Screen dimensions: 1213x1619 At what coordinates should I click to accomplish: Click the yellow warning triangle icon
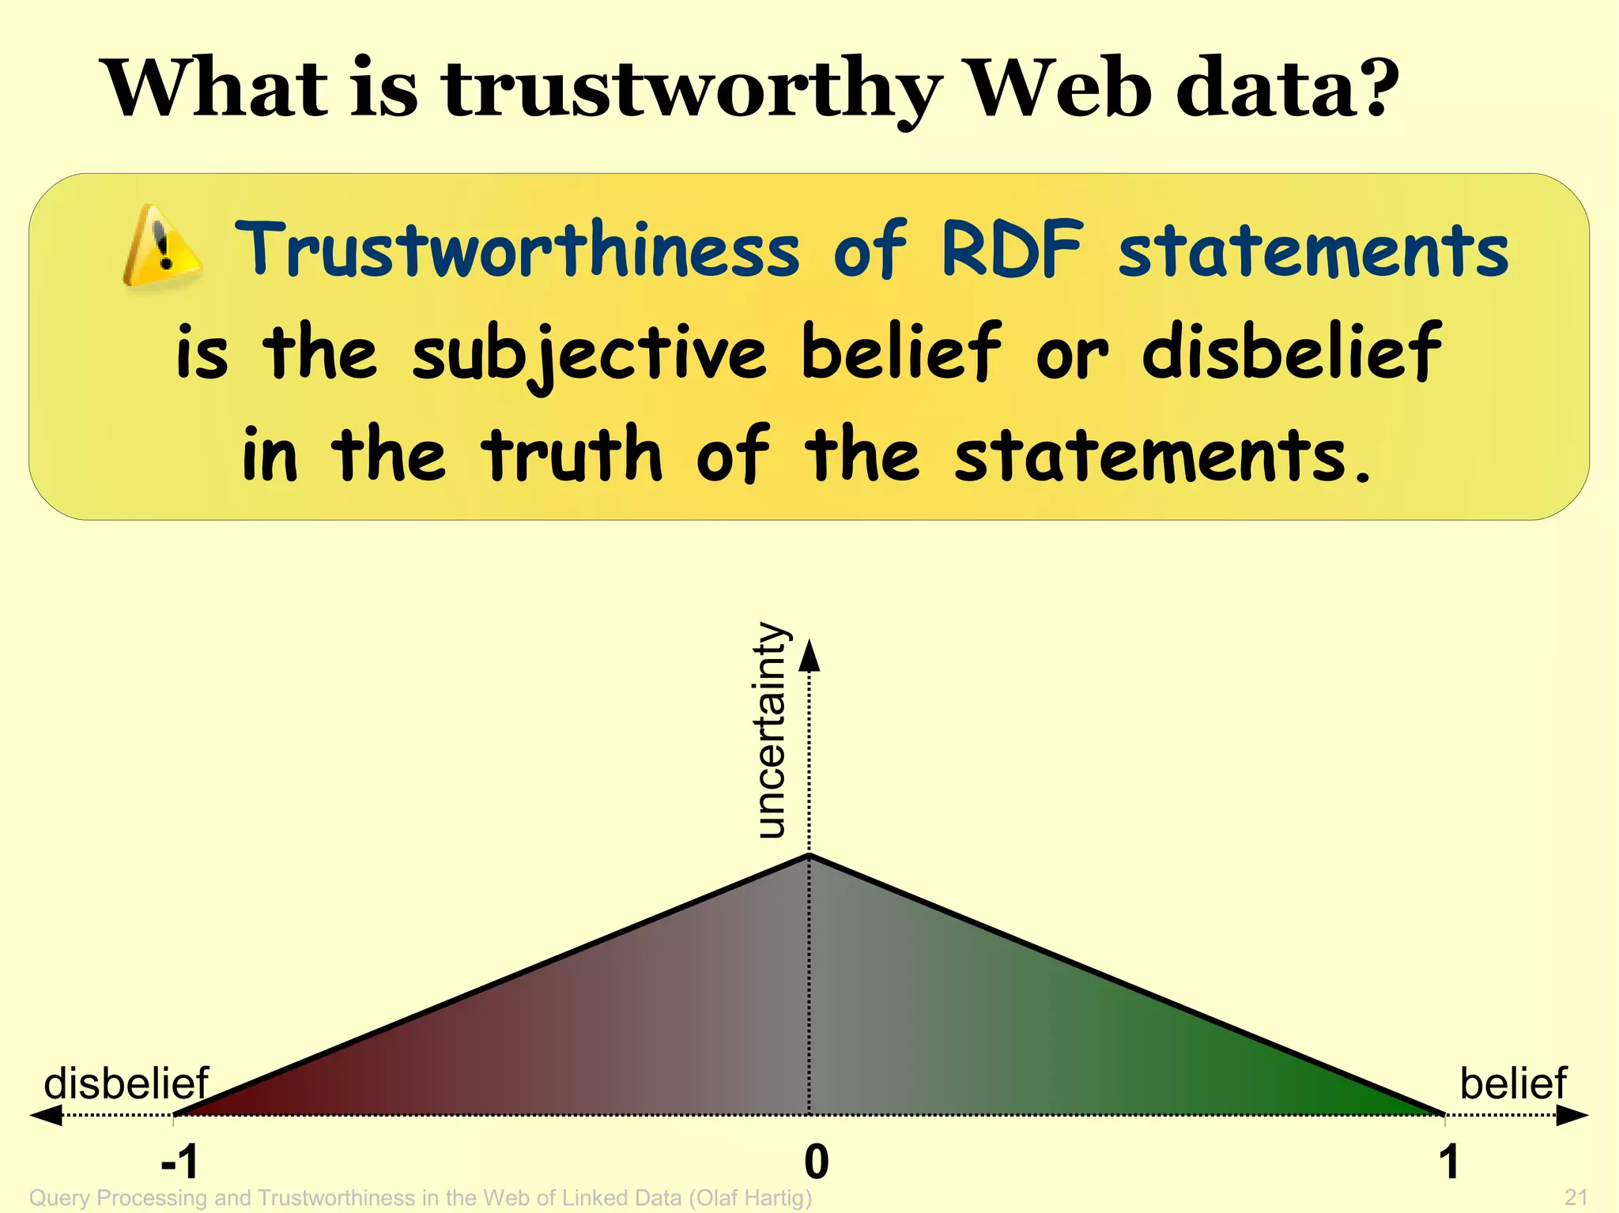coord(162,246)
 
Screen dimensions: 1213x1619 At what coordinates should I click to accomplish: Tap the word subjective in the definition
coord(589,353)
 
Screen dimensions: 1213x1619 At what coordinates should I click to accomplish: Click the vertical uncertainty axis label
coord(771,731)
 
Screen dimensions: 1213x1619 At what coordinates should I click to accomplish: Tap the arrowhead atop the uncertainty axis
coord(809,656)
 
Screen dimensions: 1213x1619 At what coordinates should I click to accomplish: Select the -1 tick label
coord(179,1162)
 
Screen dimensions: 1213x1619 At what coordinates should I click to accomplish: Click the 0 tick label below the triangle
coord(816,1162)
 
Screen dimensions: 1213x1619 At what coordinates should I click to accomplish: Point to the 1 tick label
coord(1448,1162)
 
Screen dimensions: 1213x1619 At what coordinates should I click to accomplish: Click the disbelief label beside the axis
coord(126,1083)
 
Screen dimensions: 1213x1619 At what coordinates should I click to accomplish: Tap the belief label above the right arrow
coord(1513,1083)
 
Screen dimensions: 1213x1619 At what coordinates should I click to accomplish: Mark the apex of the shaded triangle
coord(809,856)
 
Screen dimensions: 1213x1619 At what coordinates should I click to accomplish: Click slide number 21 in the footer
coord(1576,1197)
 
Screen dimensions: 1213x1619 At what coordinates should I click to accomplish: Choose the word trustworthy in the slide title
coord(692,89)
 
